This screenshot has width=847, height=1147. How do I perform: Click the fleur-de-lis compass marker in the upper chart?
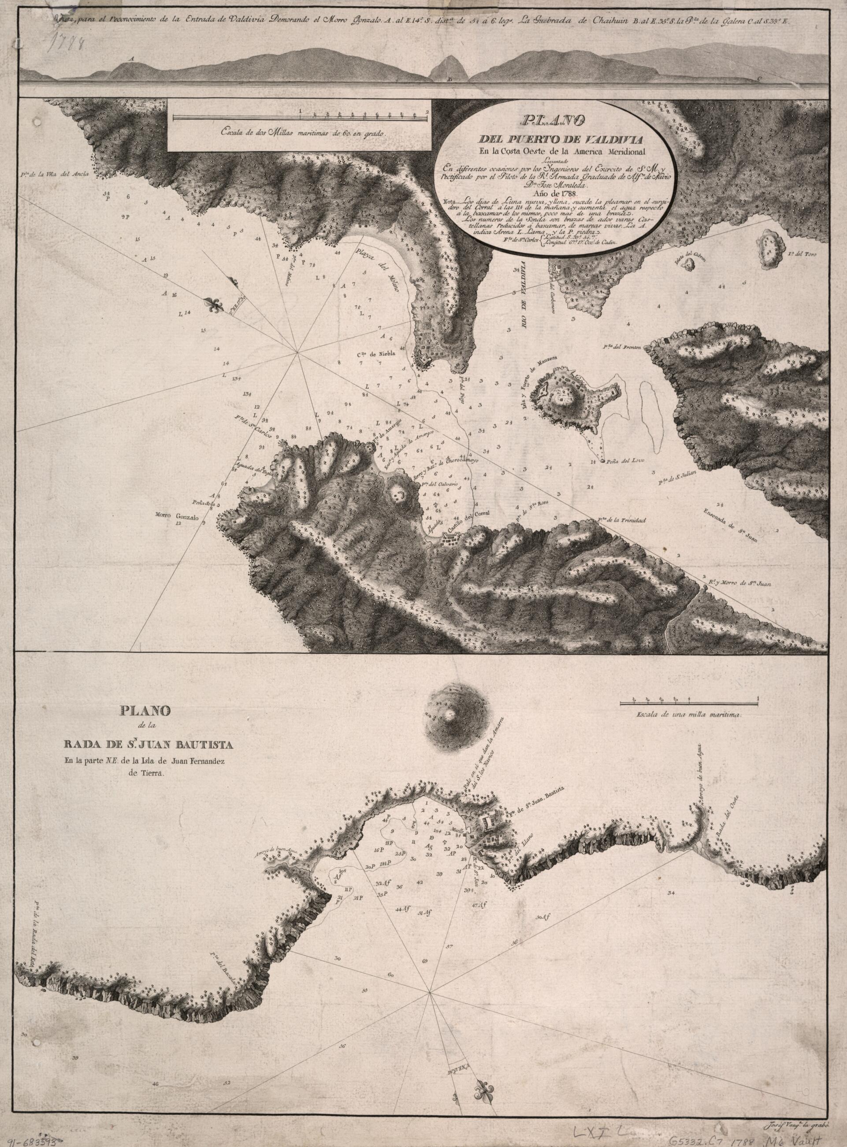215,306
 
